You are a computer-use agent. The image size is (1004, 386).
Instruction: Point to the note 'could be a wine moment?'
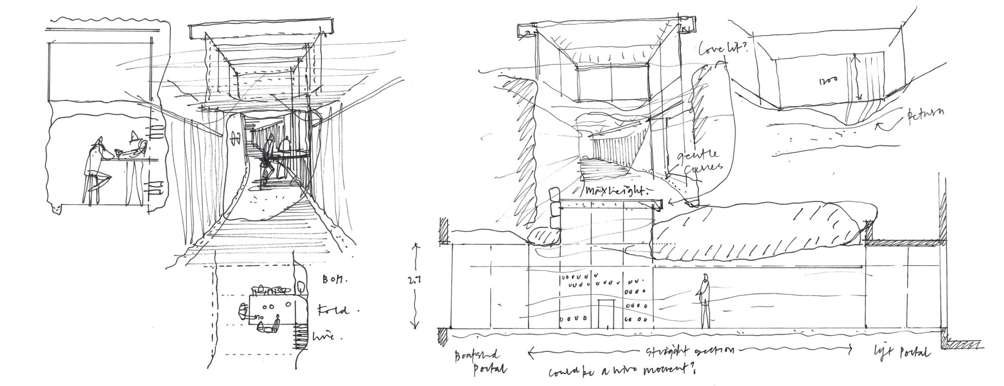coord(617,372)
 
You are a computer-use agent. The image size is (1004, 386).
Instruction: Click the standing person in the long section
coord(705,301)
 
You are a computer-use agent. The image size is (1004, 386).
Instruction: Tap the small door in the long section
coord(606,314)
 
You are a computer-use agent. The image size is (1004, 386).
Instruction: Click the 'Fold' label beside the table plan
coord(332,310)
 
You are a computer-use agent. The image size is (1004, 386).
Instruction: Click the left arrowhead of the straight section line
coord(531,351)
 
